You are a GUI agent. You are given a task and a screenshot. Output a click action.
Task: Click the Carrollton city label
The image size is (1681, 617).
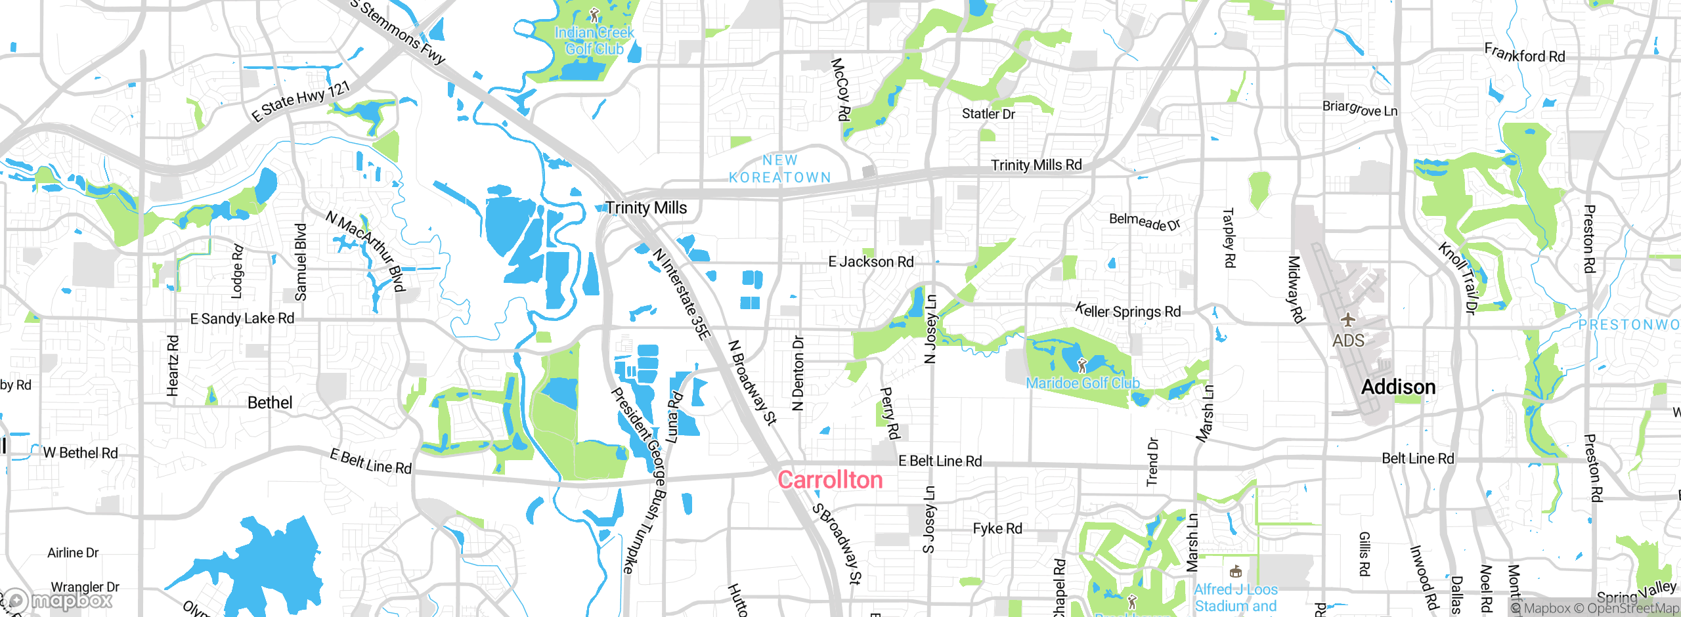(830, 480)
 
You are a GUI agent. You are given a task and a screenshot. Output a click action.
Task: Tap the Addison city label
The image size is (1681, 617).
(1398, 387)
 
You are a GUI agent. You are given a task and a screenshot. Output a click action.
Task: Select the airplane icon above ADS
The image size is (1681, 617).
(1348, 320)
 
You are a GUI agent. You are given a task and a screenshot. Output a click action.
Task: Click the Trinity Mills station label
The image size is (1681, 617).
(646, 208)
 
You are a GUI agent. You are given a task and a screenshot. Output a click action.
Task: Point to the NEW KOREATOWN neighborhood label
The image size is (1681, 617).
(780, 169)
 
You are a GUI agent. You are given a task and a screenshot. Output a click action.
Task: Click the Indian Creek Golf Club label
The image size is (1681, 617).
(594, 41)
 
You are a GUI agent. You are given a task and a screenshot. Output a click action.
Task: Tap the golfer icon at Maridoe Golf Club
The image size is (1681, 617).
(1082, 365)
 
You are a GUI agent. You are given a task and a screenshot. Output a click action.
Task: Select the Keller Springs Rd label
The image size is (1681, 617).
(1127, 311)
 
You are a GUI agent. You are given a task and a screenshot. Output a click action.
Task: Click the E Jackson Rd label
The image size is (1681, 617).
(871, 262)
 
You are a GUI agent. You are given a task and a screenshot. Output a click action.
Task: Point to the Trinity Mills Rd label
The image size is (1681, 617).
(1036, 165)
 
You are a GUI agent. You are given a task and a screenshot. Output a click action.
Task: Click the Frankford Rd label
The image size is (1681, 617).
(1525, 54)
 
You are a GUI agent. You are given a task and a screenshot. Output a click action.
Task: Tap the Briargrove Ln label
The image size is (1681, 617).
(1359, 108)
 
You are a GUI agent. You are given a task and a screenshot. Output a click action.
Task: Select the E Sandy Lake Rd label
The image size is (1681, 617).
(242, 318)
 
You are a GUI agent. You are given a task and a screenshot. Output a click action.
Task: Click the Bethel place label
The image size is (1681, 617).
(270, 403)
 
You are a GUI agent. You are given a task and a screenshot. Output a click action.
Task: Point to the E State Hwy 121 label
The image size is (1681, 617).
(301, 101)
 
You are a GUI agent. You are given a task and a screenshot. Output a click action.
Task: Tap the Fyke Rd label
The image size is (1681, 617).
(997, 528)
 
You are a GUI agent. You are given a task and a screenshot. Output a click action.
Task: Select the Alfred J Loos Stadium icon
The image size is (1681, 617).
(1235, 572)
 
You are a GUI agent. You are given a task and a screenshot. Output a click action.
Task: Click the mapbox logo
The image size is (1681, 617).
(58, 601)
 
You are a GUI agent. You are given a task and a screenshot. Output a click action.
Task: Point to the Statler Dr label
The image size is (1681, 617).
(988, 114)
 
